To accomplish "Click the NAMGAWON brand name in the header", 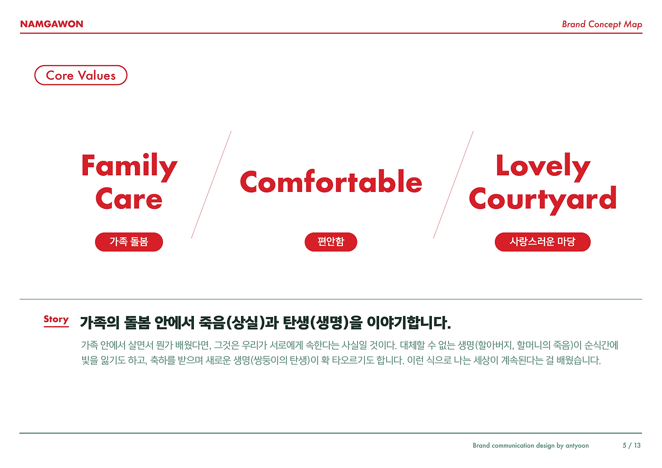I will coord(51,24).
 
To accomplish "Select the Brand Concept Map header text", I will coord(601,24).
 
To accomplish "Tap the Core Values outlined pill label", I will coord(81,76).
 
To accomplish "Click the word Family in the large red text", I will coord(129,167).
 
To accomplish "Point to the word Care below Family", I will coord(129,200).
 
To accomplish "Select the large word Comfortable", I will coord(331,182).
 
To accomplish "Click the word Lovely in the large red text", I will coord(543,166).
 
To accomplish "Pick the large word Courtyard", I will coord(543,199).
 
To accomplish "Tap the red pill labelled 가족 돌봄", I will coord(129,242).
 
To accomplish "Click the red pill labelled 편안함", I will coord(330,242).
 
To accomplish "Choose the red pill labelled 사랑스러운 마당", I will coord(542,242).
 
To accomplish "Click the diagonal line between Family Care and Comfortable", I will coord(211,185).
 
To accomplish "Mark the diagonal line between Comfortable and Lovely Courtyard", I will coord(453,185).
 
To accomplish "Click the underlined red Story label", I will coord(56,320).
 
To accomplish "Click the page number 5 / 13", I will coord(631,445).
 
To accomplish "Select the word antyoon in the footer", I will coord(577,445).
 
